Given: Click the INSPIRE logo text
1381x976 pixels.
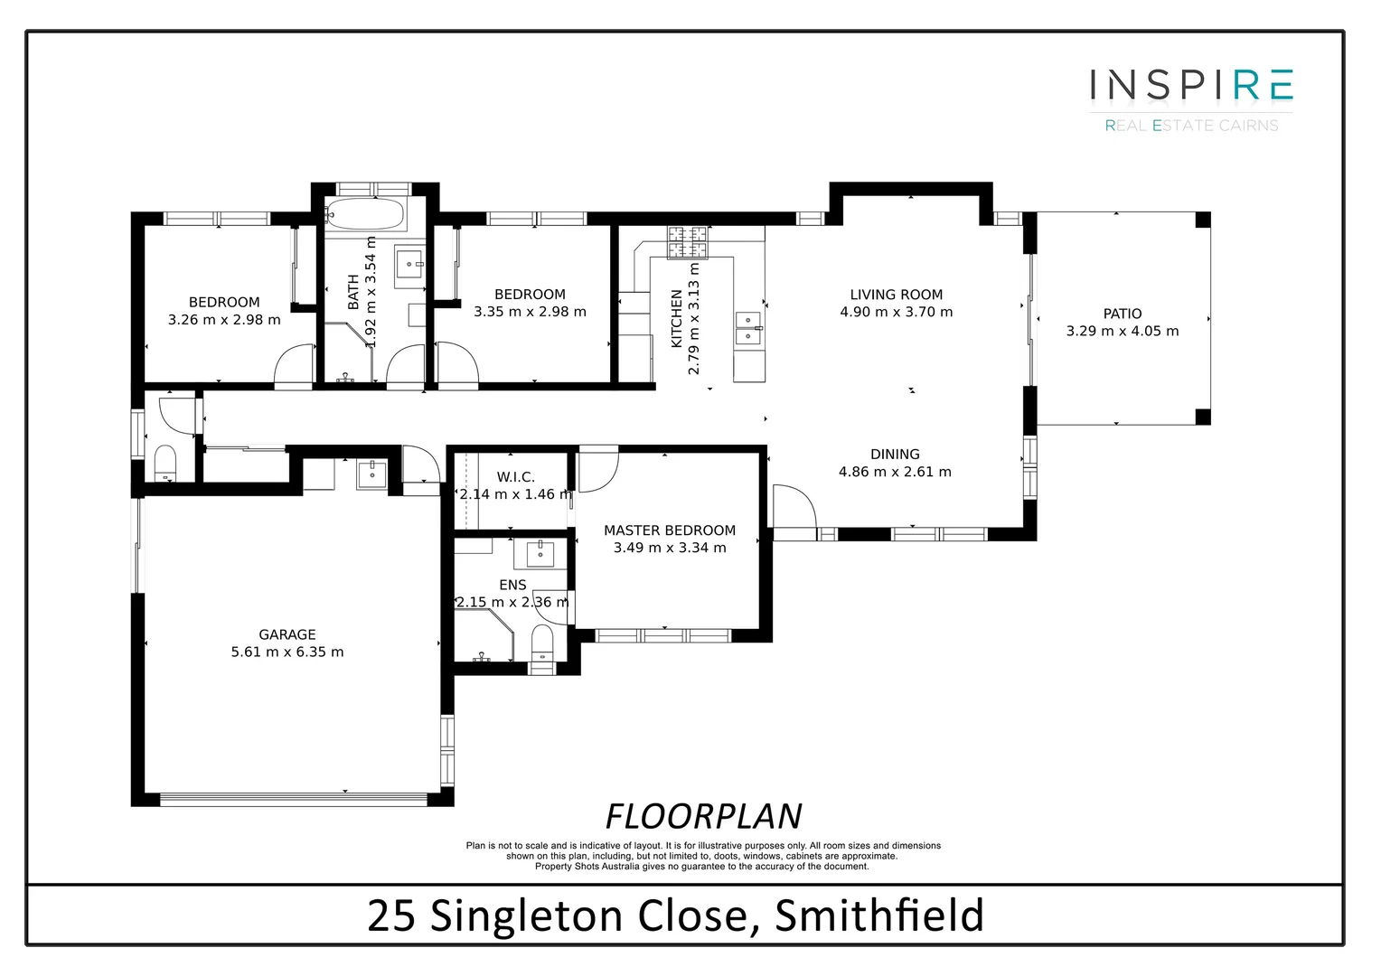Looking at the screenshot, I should [x=1191, y=85].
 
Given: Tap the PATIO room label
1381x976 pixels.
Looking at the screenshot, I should [x=1122, y=314].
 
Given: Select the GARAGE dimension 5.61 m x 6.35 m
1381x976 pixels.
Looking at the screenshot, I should [x=287, y=652].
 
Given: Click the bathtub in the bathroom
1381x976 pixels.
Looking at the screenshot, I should [x=364, y=214].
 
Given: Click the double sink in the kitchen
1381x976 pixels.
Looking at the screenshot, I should [x=747, y=328].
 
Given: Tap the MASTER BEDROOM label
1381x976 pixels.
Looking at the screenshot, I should [x=670, y=530].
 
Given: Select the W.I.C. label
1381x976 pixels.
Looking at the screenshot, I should [x=515, y=477].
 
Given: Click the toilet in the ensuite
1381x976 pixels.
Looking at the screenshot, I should [x=541, y=644].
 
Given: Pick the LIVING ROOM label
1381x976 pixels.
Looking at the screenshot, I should [x=896, y=295].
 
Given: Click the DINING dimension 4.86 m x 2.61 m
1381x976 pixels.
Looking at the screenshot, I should [x=895, y=472].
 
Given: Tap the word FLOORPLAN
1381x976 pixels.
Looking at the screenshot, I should [x=703, y=816].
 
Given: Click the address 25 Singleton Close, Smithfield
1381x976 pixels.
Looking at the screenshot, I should [x=675, y=915].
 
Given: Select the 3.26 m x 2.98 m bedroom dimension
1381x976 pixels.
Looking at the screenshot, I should [x=224, y=320].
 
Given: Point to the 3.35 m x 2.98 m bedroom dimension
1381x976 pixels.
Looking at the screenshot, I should [x=530, y=312].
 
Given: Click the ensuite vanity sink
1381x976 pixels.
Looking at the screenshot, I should [x=540, y=552].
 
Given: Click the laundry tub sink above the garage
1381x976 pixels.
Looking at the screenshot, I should [x=371, y=474].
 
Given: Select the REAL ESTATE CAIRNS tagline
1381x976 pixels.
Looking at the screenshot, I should [x=1191, y=126].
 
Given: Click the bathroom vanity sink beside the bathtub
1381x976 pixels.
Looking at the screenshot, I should [x=410, y=267].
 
